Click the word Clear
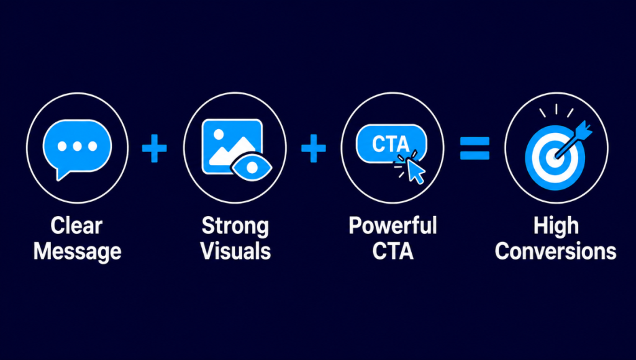pos(76,225)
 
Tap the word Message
pos(77,251)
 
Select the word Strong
pos(235,226)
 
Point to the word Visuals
pos(235,251)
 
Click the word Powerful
pos(393,225)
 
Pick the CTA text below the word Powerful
pos(393,251)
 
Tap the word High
pos(556,226)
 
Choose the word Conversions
pos(556,251)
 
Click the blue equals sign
pos(475,148)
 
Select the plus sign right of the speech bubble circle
pos(154,148)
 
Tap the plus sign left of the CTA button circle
pos(314,148)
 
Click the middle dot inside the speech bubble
pos(77,146)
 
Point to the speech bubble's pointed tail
pos(61,175)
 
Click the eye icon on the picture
pos(252,167)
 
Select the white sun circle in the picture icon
pos(219,134)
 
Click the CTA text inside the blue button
pos(391,144)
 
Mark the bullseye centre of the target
pos(553,157)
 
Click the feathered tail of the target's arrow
pos(583,130)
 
